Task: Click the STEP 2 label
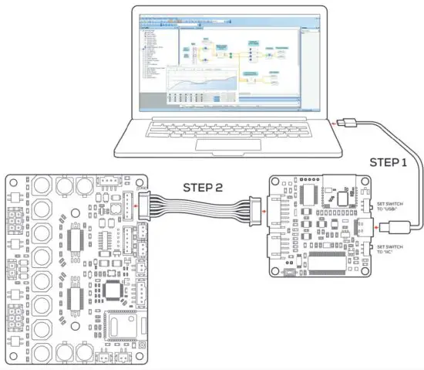tap(202, 188)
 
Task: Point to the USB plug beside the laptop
tap(348, 122)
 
